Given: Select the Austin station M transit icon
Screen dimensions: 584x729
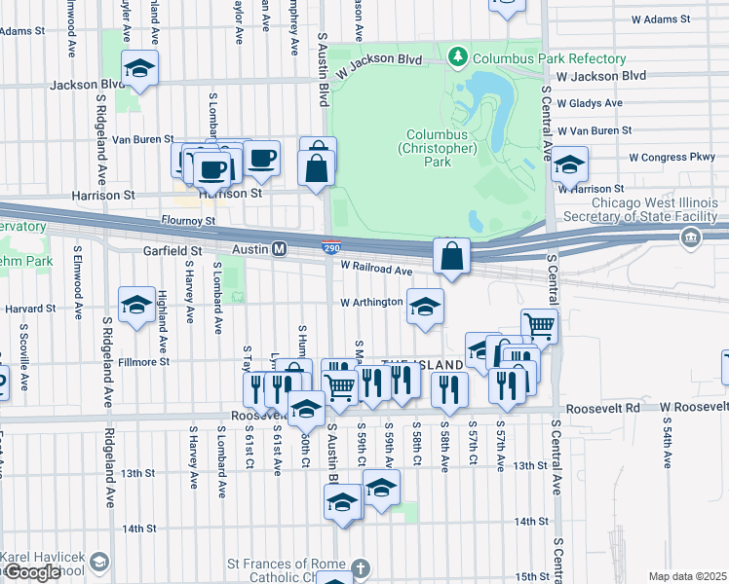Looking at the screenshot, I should click(x=278, y=249).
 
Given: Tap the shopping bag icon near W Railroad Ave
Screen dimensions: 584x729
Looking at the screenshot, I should click(x=451, y=258).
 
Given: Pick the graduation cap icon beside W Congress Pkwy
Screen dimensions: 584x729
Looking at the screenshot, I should click(x=569, y=165).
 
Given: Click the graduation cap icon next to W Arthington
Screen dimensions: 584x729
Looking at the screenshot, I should click(x=425, y=308).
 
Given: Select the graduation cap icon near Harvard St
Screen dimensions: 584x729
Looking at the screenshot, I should click(x=136, y=306).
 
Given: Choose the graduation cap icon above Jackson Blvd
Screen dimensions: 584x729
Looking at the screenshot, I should click(x=139, y=69).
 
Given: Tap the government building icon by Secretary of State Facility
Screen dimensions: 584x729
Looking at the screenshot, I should click(x=691, y=237).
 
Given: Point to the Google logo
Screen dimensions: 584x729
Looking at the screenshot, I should click(x=31, y=572).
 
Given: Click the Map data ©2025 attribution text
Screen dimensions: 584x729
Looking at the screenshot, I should click(x=687, y=576).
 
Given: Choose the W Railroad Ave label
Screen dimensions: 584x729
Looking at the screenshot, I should click(x=376, y=271).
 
